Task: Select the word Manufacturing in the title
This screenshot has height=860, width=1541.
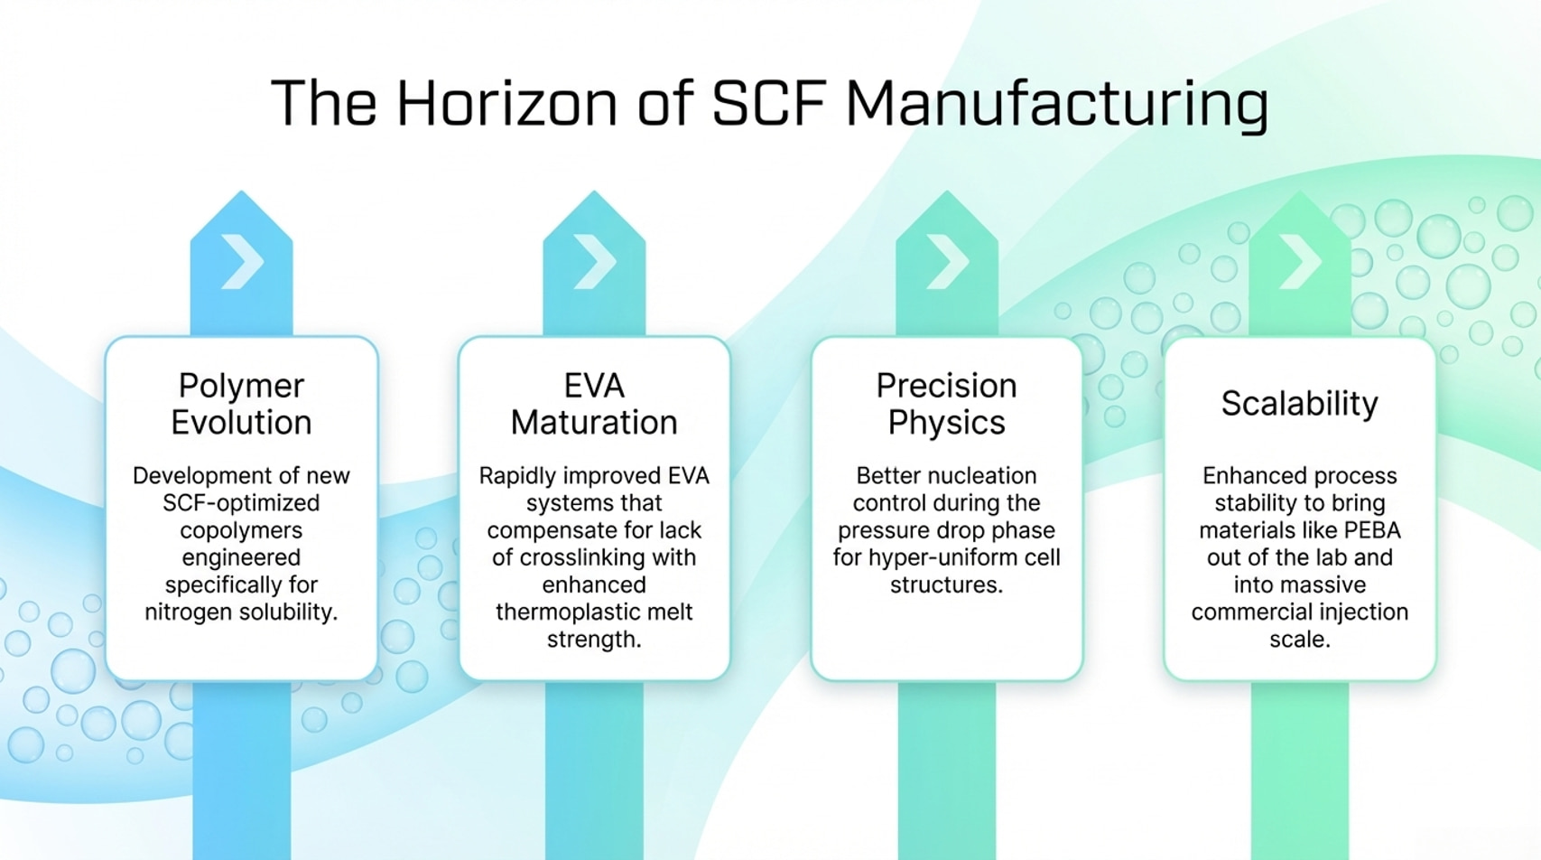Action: tap(1057, 105)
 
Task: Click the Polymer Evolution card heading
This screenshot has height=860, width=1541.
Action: tap(241, 404)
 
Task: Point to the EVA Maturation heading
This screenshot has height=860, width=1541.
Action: tap(594, 404)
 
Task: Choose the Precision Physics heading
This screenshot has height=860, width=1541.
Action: tap(947, 404)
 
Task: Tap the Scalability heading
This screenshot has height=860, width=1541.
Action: tap(1300, 404)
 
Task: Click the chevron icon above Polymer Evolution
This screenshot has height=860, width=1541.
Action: tap(243, 261)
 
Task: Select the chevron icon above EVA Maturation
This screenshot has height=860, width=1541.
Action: tap(595, 261)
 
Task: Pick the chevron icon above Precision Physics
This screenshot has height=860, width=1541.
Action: tap(948, 261)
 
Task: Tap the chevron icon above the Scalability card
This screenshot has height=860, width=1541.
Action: tap(1301, 261)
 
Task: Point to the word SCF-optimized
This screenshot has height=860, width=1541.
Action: tap(241, 502)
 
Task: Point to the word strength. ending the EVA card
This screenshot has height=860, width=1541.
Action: tap(594, 640)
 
